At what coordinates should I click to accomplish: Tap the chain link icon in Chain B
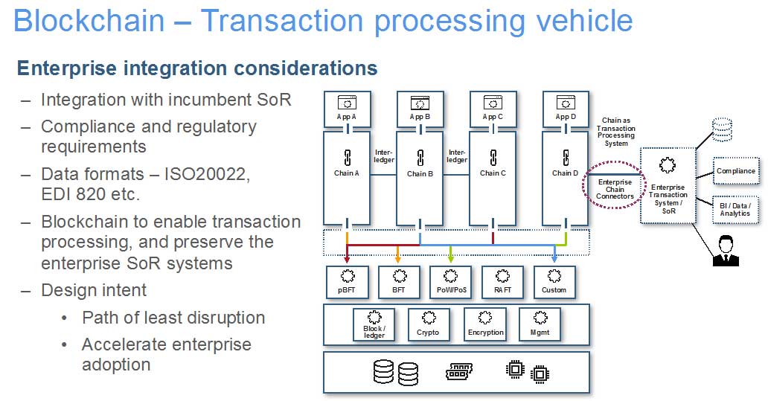420,157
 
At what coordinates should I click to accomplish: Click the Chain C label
492,173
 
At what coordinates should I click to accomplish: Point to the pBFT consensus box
347,282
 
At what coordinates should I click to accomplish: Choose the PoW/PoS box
451,282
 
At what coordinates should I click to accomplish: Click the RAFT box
502,282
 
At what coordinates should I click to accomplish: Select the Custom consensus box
554,282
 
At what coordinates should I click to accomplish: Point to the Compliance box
735,171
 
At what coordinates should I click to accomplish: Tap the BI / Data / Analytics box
735,209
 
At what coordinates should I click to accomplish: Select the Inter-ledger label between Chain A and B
384,155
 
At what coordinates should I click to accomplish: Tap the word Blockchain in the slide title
89,20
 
